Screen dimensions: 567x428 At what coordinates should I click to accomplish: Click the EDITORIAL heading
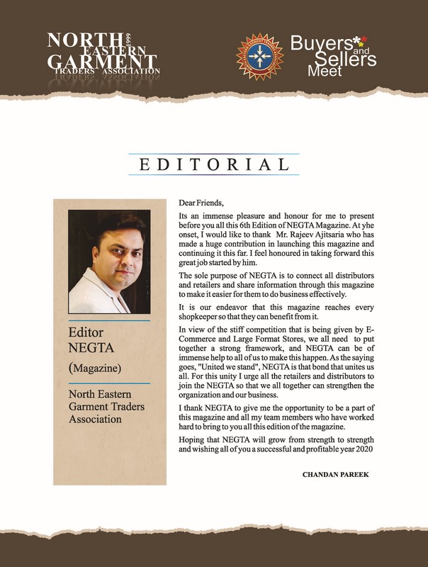[213, 165]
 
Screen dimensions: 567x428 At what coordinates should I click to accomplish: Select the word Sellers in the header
[347, 60]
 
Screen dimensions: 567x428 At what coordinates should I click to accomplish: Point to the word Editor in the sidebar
[86, 332]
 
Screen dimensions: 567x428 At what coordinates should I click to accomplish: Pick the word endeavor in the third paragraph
[221, 306]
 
